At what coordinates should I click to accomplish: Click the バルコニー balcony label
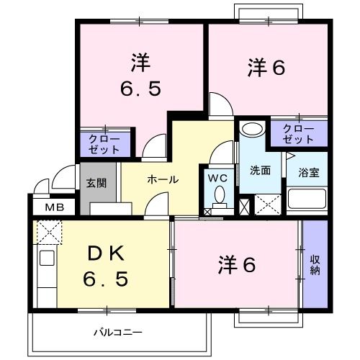click(117, 333)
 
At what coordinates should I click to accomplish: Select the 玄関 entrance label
click(97, 183)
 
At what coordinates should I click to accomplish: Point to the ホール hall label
click(163, 180)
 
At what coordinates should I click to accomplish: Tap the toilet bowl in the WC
click(220, 196)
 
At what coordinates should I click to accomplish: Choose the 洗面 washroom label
click(260, 171)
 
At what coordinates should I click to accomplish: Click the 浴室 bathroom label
click(308, 173)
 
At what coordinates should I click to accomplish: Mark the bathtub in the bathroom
click(308, 199)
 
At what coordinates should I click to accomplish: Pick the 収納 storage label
click(315, 265)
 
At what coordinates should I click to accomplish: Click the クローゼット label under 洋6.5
click(104, 143)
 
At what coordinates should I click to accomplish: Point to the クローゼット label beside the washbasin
click(298, 134)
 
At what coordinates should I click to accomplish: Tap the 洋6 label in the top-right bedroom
click(266, 68)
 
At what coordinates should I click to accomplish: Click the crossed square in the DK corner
click(50, 233)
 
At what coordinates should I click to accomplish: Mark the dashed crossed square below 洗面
click(267, 204)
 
